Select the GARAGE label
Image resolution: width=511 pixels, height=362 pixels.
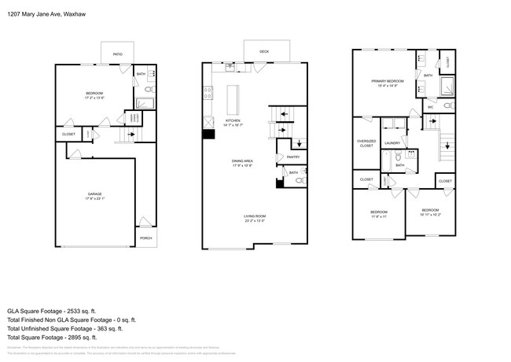click(x=94, y=194)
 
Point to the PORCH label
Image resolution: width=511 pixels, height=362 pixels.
click(x=145, y=238)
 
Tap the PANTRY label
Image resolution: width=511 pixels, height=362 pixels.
click(x=283, y=157)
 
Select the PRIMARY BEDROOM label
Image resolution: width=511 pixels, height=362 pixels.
click(x=388, y=81)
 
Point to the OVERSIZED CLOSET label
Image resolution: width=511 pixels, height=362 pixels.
click(x=366, y=144)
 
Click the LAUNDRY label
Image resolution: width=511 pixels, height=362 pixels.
click(x=392, y=143)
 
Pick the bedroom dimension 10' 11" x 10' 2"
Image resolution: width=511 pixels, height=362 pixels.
click(x=429, y=214)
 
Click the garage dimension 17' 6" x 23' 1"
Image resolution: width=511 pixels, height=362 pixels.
click(x=94, y=198)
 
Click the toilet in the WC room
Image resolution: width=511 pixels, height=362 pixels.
click(x=449, y=105)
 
